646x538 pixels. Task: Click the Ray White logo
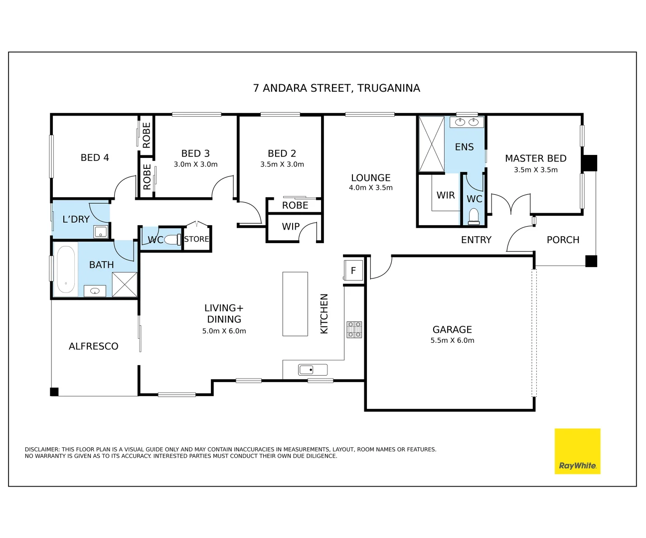(577, 451)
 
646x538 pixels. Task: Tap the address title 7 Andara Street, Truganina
(336, 88)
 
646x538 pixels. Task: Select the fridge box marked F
(353, 270)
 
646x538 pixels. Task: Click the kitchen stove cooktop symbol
(354, 330)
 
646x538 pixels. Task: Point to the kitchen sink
(313, 370)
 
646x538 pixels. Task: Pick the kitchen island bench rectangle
(295, 304)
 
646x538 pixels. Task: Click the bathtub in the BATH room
(66, 269)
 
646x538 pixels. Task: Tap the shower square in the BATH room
(125, 285)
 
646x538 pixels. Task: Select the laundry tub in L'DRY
(101, 232)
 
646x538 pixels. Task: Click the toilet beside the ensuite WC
(474, 216)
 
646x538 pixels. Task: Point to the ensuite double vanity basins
(467, 122)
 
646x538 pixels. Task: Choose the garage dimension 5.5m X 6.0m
(452, 341)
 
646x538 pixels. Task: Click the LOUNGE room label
(370, 178)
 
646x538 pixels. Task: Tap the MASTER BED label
(535, 158)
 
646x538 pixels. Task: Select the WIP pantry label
(291, 227)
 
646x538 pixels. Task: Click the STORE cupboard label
(196, 239)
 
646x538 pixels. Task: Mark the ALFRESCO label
(94, 346)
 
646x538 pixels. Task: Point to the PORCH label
(563, 240)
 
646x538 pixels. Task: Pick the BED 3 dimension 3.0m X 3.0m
(195, 164)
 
